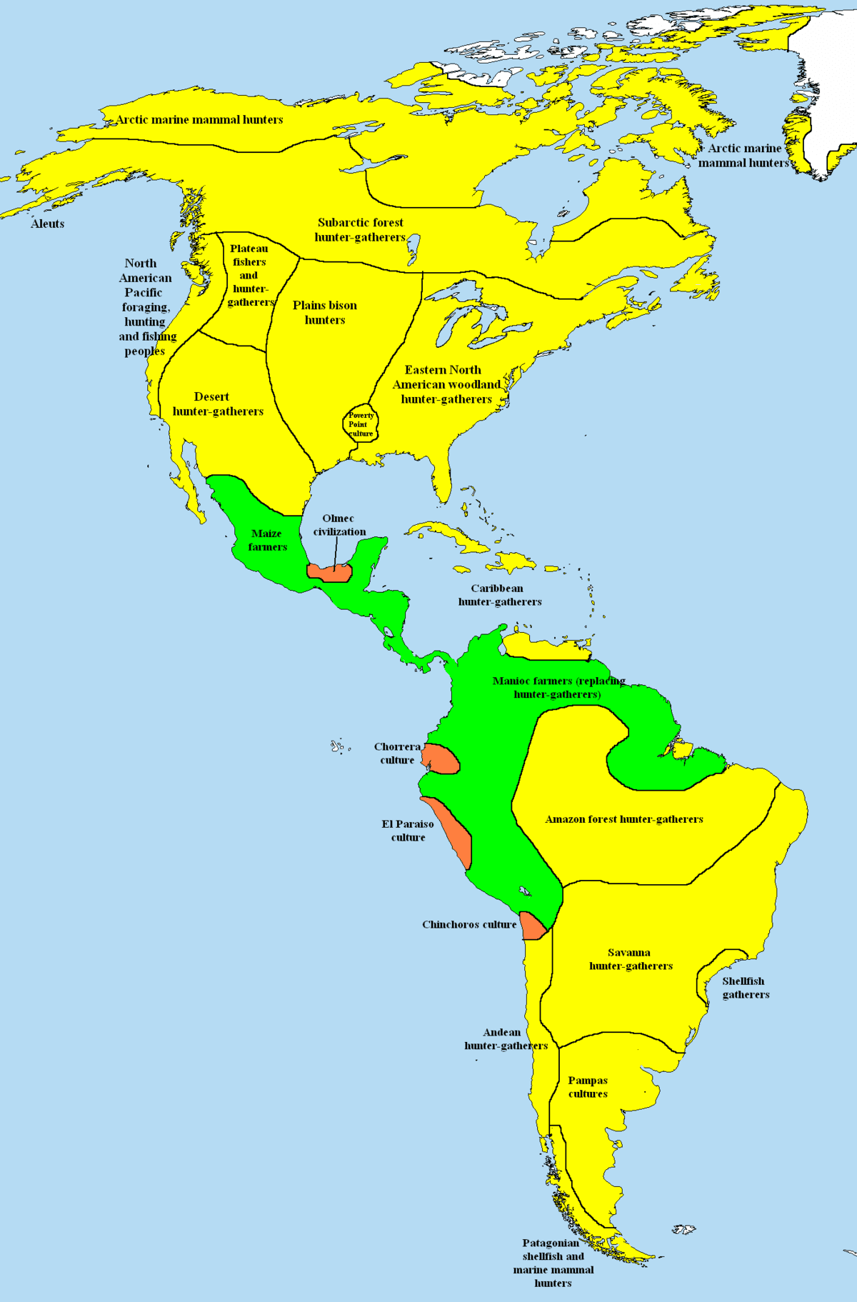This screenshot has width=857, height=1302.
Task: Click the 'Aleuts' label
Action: pos(48,224)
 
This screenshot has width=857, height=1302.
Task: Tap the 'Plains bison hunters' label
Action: pos(325,312)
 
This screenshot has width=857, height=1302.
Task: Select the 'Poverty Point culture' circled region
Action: pos(361,424)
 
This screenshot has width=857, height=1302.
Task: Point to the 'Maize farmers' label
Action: pos(267,540)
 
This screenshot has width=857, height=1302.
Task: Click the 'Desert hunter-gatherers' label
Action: pos(218,404)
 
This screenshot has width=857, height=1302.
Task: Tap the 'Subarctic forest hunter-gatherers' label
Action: pos(360,229)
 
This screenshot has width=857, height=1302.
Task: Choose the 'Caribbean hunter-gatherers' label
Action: pos(499,595)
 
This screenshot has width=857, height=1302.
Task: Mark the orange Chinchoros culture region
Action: pos(532,926)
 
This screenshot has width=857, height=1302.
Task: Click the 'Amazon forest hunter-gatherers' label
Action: pos(624,819)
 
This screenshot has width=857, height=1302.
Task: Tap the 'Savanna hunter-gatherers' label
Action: pos(631,959)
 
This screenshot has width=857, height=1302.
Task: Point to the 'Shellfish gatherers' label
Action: pos(745,988)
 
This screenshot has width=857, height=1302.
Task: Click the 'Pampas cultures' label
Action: pos(588,1087)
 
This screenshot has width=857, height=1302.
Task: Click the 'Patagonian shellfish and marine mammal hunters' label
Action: pos(553,1263)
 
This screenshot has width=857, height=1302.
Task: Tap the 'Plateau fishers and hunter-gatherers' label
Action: pos(250,275)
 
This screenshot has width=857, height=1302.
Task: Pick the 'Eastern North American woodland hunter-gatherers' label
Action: pos(446,384)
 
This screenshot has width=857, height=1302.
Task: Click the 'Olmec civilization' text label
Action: pos(339,525)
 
